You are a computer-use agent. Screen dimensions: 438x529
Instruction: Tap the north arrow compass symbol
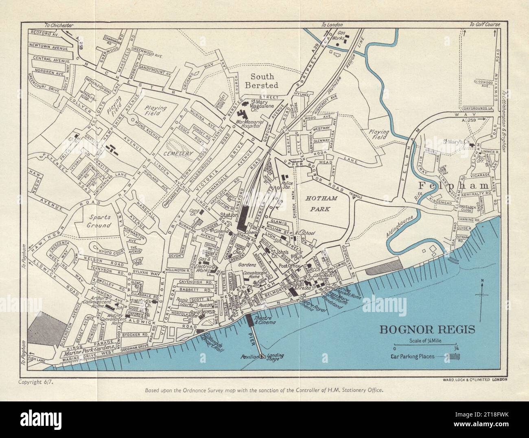coord(482,297)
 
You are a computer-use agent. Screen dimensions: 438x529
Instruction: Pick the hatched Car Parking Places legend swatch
coord(454,356)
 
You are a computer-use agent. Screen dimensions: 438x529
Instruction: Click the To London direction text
coord(330,25)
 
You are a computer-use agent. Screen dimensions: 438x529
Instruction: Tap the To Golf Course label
coord(485,25)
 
